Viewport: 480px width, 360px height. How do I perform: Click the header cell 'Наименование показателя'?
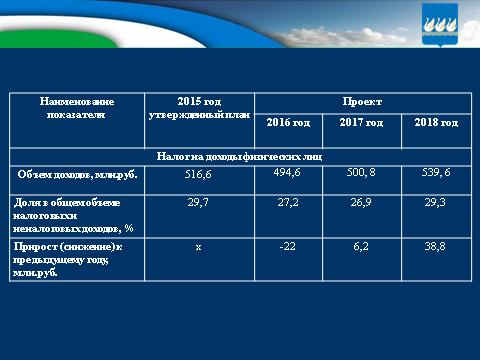click(76, 108)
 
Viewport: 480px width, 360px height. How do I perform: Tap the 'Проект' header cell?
click(361, 102)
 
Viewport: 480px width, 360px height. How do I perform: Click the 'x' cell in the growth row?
click(198, 245)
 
